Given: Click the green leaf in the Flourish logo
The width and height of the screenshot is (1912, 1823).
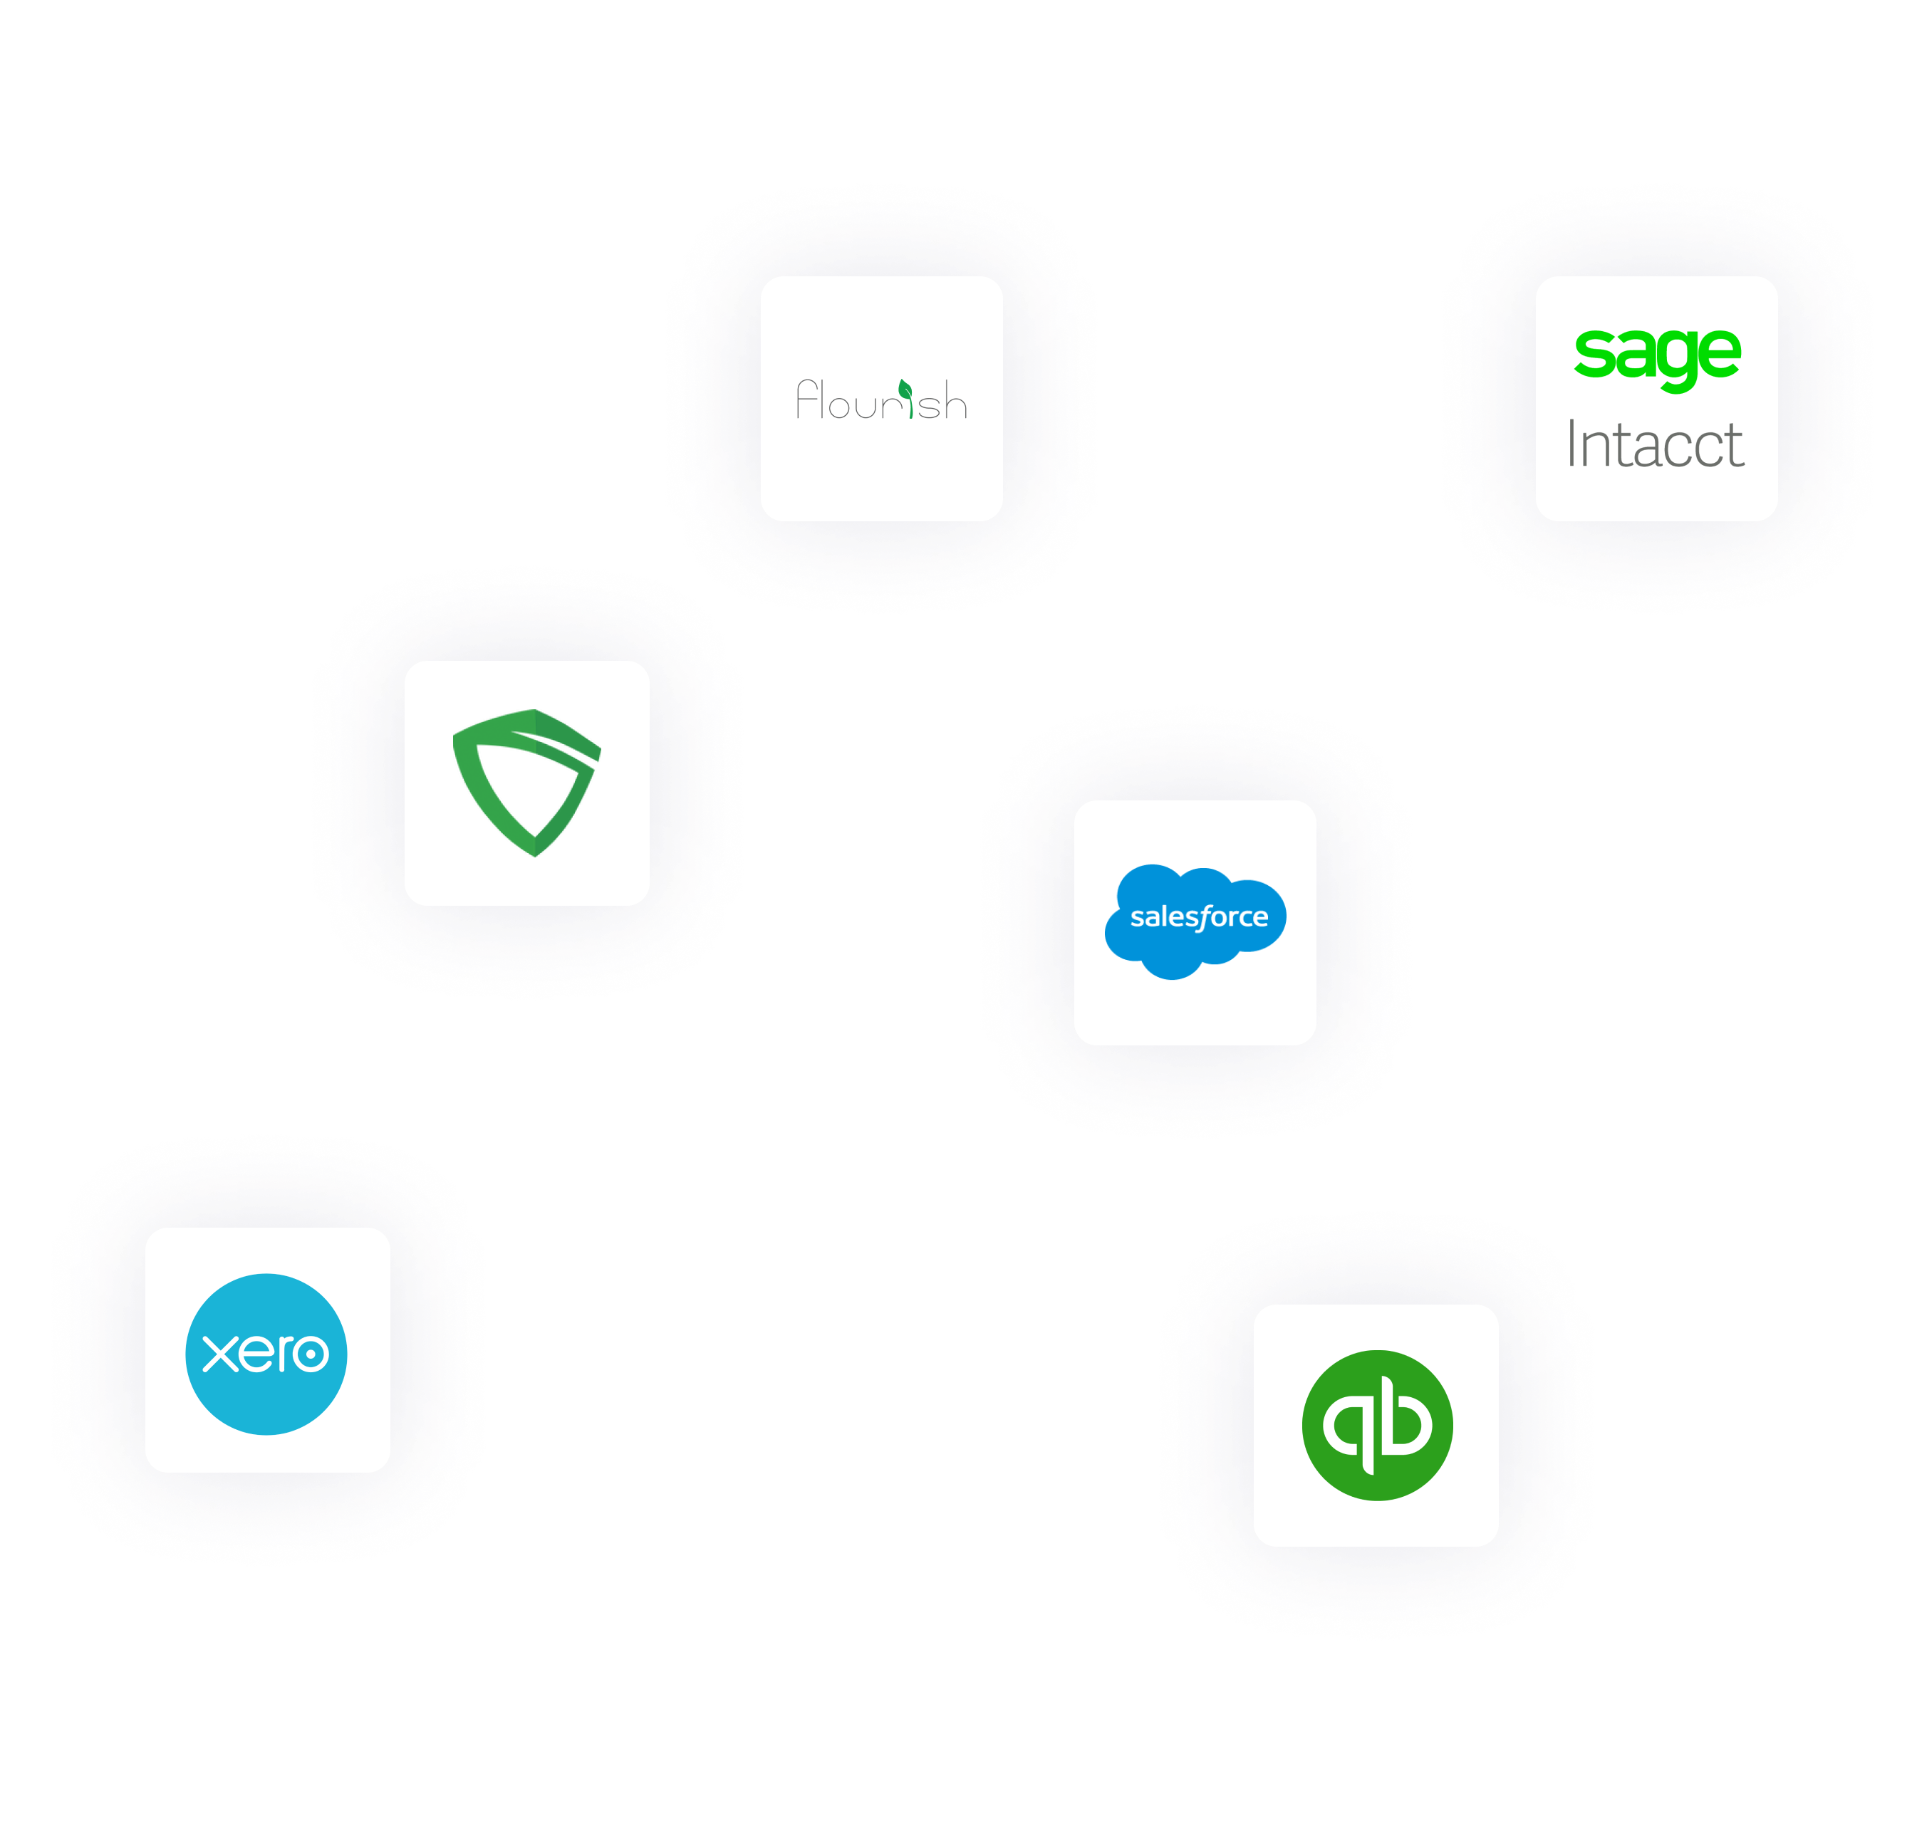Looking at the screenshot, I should pos(905,390).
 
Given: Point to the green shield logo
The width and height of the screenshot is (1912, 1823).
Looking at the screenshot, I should pos(527,783).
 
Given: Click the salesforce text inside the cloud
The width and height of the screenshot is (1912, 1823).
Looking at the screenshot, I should pos(1198,916).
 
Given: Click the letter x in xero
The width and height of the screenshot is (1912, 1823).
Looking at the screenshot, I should pos(219,1353).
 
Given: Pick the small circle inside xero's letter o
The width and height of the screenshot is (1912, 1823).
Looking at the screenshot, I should pos(311,1354).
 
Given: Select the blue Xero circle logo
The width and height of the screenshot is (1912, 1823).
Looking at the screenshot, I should pos(266,1399).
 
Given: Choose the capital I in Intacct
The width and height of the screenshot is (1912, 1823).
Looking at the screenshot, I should pos(1571,444).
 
